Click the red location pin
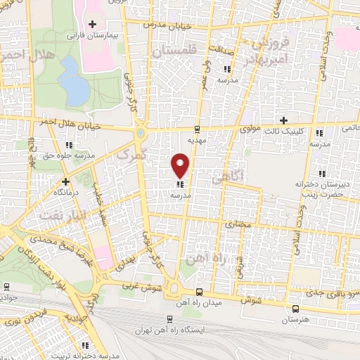[x=181, y=165]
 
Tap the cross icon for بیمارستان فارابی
[x=91, y=25]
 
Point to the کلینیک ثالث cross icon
[x=284, y=120]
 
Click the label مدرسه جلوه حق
[x=67, y=155]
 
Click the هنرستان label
[x=294, y=320]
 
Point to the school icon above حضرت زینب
[x=322, y=174]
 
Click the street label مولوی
[x=250, y=129]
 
